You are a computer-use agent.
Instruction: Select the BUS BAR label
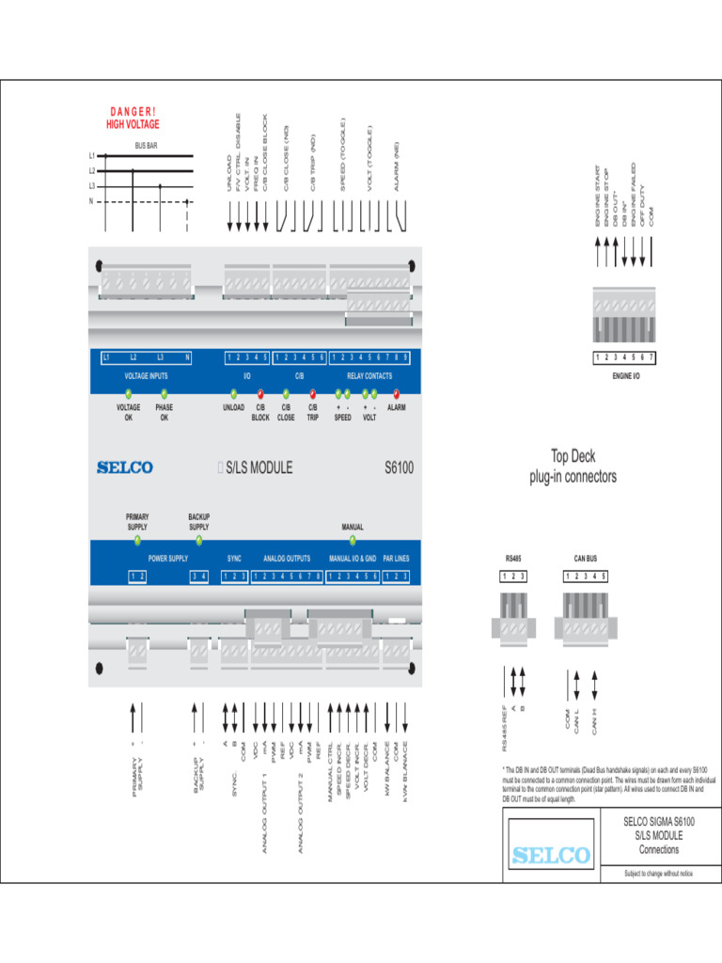tap(146, 146)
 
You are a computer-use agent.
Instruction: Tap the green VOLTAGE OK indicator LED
tap(128, 395)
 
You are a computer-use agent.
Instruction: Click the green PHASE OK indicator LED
tap(164, 395)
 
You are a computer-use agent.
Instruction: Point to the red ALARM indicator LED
tap(397, 395)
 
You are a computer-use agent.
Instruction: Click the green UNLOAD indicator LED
tap(233, 395)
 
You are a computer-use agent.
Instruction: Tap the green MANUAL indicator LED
tap(353, 540)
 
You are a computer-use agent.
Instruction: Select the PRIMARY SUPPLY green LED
tap(137, 540)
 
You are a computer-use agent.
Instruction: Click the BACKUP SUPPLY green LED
tap(198, 540)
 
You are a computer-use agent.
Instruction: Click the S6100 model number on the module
tap(399, 467)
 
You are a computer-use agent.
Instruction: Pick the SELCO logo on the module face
tap(124, 467)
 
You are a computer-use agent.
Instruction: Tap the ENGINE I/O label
tap(625, 375)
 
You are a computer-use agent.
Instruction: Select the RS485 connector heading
tap(512, 558)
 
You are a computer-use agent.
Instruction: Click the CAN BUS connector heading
tap(586, 558)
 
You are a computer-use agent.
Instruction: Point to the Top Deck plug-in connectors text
tap(573, 466)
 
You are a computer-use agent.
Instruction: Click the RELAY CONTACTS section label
tap(369, 375)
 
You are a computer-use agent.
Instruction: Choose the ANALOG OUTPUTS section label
tap(287, 559)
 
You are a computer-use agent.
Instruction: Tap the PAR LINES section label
tap(396, 559)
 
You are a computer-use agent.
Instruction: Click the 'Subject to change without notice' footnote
tap(658, 875)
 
